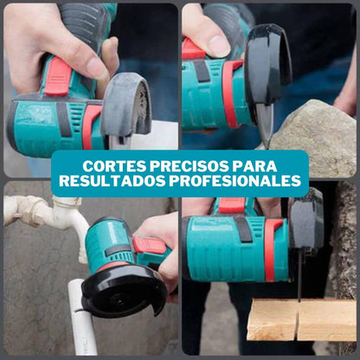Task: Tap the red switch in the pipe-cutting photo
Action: coord(150,246)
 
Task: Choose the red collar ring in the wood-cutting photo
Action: coord(271,249)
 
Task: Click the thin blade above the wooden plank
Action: coord(300,276)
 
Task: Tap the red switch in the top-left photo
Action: coord(58,76)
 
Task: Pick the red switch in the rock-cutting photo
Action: coord(193,49)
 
